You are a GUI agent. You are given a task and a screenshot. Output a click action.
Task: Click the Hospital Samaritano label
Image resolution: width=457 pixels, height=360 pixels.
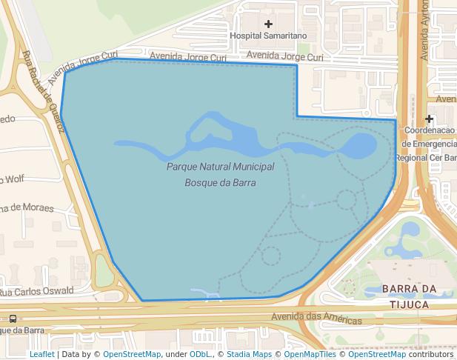point(268,36)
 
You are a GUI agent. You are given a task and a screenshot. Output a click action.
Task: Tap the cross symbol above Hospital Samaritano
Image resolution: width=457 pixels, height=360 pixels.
point(268,24)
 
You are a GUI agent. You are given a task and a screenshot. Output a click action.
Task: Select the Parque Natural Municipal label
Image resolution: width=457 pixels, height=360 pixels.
point(221,167)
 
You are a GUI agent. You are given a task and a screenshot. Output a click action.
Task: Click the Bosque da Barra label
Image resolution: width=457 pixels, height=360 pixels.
point(221,181)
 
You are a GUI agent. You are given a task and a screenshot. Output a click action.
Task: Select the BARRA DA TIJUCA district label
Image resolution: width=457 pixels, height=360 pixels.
point(405,296)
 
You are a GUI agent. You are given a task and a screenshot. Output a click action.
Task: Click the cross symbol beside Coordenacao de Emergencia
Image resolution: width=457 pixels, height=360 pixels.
point(429,119)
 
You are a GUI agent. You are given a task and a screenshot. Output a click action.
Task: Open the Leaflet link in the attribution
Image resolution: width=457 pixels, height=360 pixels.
point(41,354)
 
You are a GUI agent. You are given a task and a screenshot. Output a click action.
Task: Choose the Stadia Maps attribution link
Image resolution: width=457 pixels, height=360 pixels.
point(249,354)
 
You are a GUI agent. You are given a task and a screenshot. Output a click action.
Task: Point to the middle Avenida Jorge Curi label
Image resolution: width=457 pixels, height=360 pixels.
point(187,56)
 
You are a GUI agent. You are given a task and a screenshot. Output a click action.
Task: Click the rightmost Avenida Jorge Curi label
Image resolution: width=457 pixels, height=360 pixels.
point(285,56)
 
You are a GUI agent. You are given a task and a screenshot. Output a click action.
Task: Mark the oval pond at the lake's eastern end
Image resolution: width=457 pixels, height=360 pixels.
point(361,146)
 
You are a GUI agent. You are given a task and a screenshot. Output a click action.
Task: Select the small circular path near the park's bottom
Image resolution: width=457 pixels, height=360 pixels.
point(271,256)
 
